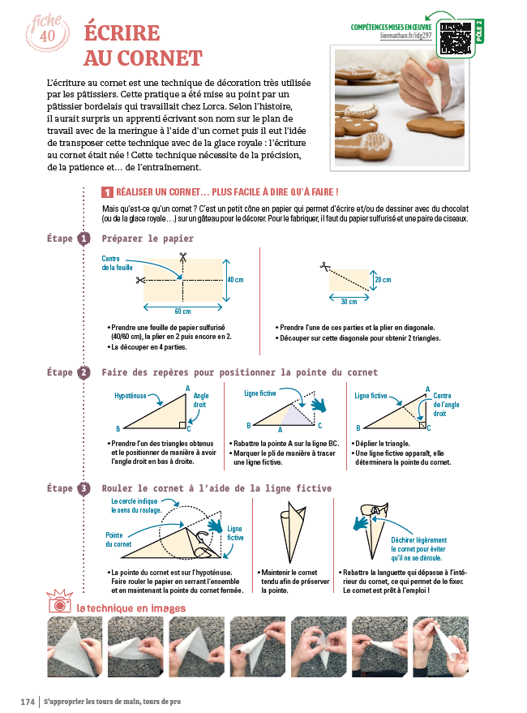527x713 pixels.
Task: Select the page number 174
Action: tap(27, 700)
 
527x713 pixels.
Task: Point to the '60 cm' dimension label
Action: tap(182, 311)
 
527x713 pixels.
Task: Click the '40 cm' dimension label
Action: tap(235, 279)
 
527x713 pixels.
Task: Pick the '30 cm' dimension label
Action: tap(350, 302)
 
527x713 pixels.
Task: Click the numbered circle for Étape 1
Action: tap(84, 239)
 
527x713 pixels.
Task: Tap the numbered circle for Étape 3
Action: tap(84, 488)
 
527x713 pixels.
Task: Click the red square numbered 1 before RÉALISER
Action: tap(107, 192)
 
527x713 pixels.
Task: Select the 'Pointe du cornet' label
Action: tap(118, 539)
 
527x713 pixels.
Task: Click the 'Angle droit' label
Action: tap(201, 400)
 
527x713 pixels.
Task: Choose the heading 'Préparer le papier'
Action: tap(148, 239)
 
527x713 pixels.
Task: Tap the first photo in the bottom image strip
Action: tap(74, 647)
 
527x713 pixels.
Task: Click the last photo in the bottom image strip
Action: tap(440, 647)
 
